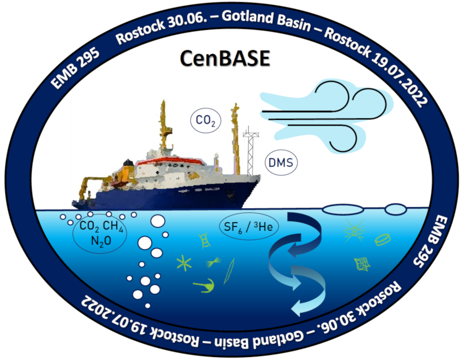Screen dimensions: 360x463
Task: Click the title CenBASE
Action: [x=225, y=58]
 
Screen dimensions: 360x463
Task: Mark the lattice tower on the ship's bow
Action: [x=251, y=152]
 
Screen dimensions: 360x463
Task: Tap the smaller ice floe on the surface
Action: [x=395, y=209]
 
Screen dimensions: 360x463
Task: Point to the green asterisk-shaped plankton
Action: [x=183, y=264]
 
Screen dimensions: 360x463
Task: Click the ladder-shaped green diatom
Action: [x=204, y=239]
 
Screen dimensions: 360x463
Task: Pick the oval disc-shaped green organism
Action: [x=383, y=239]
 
